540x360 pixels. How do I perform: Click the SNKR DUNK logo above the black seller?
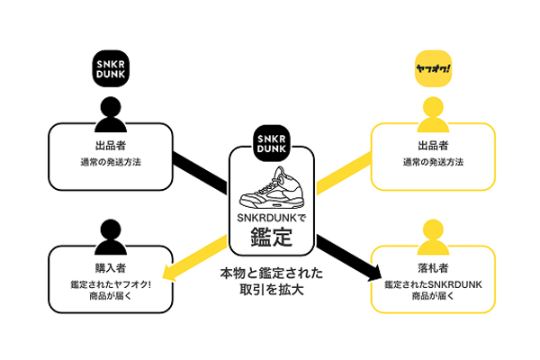pyautogui.click(x=111, y=68)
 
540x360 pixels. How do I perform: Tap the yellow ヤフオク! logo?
pyautogui.click(x=433, y=68)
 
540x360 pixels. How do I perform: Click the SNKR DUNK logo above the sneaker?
pyautogui.click(x=272, y=143)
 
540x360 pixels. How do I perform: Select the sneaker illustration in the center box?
pyautogui.click(x=272, y=188)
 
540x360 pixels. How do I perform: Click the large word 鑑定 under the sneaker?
pyautogui.click(x=272, y=237)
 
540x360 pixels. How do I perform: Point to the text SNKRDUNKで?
pyautogui.click(x=272, y=218)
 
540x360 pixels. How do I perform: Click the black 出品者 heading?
pyautogui.click(x=111, y=146)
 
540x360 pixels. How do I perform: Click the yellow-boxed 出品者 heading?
pyautogui.click(x=433, y=146)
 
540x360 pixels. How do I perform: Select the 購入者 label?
pyautogui.click(x=111, y=268)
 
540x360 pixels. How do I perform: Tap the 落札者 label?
pyautogui.click(x=433, y=268)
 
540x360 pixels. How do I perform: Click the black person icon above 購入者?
pyautogui.click(x=111, y=237)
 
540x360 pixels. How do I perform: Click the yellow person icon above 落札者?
pyautogui.click(x=433, y=237)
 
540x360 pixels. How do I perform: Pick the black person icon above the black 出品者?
pyautogui.click(x=111, y=114)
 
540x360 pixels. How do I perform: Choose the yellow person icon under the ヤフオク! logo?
pyautogui.click(x=433, y=114)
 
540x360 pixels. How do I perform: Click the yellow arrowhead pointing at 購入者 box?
pyautogui.click(x=169, y=272)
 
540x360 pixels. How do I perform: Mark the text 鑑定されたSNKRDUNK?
pyautogui.click(x=433, y=285)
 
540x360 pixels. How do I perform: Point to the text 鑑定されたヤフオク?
pyautogui.click(x=111, y=285)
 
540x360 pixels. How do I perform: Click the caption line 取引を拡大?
pyautogui.click(x=272, y=290)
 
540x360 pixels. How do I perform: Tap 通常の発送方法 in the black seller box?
pyautogui.click(x=111, y=162)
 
